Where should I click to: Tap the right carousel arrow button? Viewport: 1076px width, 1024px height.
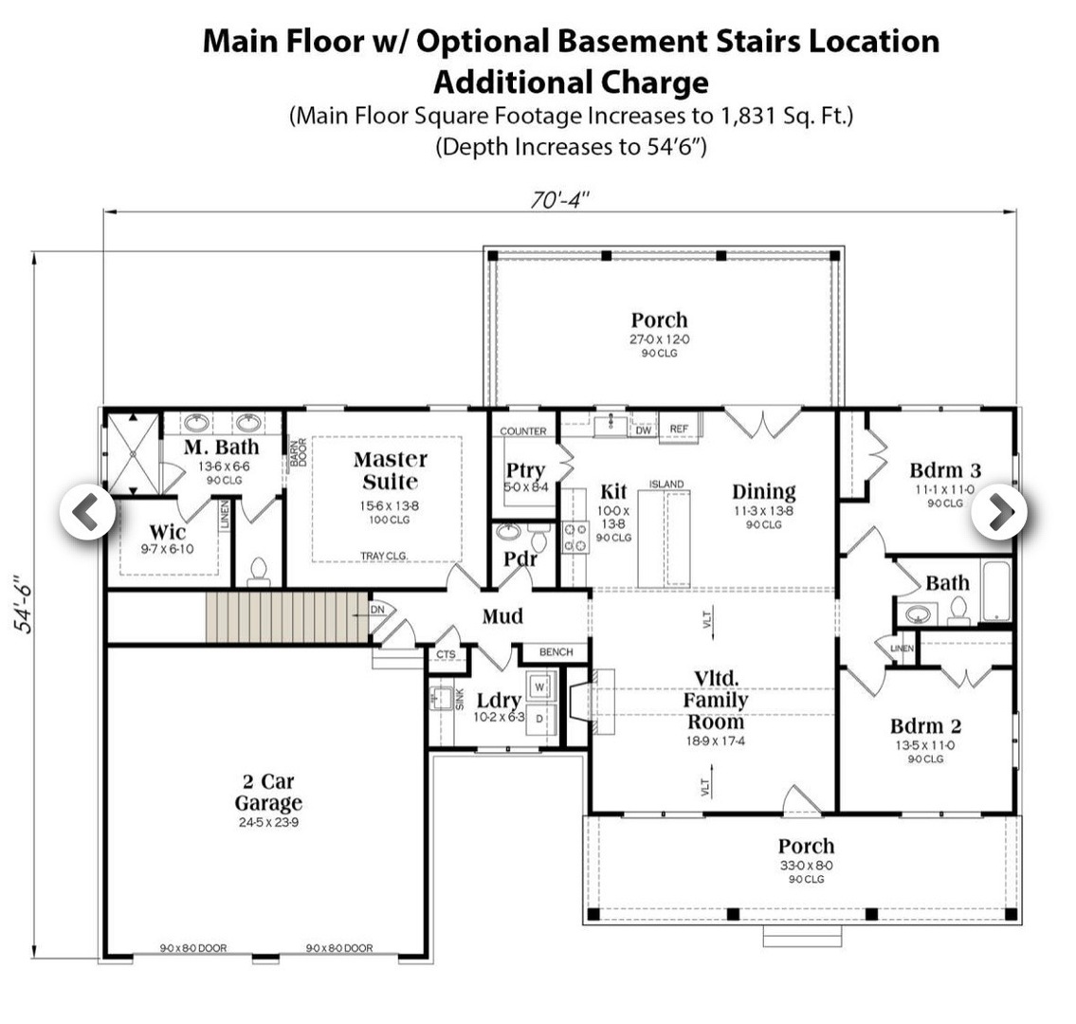(x=998, y=512)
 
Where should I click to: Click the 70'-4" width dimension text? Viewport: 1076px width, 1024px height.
(x=559, y=199)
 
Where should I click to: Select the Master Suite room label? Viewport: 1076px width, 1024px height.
(x=390, y=470)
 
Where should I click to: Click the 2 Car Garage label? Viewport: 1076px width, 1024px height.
(x=268, y=793)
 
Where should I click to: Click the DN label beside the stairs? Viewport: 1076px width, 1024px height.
(x=377, y=610)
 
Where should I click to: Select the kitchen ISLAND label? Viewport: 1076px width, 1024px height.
(x=666, y=485)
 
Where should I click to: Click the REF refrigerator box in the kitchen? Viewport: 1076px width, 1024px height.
(x=679, y=430)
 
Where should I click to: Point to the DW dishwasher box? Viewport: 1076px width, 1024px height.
(x=643, y=430)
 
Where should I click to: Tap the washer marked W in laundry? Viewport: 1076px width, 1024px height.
(x=539, y=686)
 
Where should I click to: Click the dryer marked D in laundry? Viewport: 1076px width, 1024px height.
(x=539, y=719)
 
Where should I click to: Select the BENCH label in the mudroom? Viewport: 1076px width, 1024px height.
(x=556, y=652)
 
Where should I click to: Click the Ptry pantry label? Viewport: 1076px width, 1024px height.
(x=524, y=470)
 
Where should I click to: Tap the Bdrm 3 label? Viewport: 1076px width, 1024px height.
(x=945, y=470)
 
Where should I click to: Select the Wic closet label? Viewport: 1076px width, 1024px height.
(x=167, y=532)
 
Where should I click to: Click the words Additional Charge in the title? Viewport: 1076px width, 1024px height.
(x=571, y=82)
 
